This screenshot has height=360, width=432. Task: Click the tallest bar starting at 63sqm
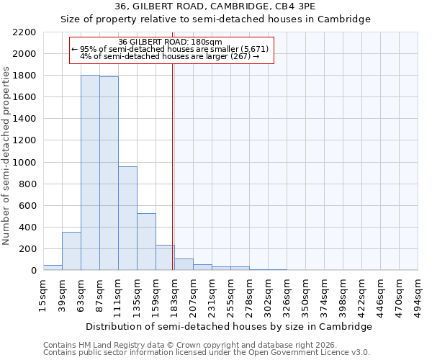pyautogui.click(x=90, y=173)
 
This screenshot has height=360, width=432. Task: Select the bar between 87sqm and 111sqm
pyautogui.click(x=109, y=174)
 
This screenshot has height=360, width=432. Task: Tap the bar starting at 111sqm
pyautogui.click(x=127, y=218)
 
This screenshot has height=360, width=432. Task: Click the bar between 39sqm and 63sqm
pyautogui.click(x=71, y=251)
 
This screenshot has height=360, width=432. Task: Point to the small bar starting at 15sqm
pyautogui.click(x=53, y=267)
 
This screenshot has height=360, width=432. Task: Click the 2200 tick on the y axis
pyautogui.click(x=24, y=32)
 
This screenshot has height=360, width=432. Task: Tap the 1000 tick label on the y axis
pyautogui.click(x=24, y=163)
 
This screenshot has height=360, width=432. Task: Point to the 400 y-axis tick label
pyautogui.click(x=27, y=228)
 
